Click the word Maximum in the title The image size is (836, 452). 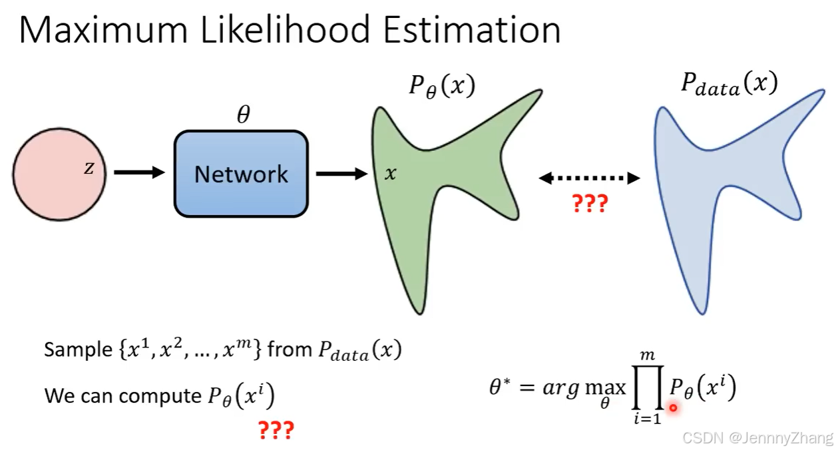103,29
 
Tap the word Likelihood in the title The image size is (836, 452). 286,29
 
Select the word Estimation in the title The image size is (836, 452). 472,29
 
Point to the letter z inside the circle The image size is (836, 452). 89,168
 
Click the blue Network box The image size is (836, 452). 241,174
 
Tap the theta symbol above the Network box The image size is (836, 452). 244,114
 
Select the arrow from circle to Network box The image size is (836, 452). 140,172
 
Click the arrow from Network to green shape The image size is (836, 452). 342,174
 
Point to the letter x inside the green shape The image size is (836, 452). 391,174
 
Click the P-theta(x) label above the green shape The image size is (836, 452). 442,87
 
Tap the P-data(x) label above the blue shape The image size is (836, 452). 730,84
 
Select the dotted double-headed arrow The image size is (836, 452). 589,178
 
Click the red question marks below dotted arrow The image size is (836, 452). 590,204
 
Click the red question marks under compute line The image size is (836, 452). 276,430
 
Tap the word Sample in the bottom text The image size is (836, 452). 78,349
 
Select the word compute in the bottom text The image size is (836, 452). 160,396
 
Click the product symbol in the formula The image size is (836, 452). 648,387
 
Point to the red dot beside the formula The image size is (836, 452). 674,408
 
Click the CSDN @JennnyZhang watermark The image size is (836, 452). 757,438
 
